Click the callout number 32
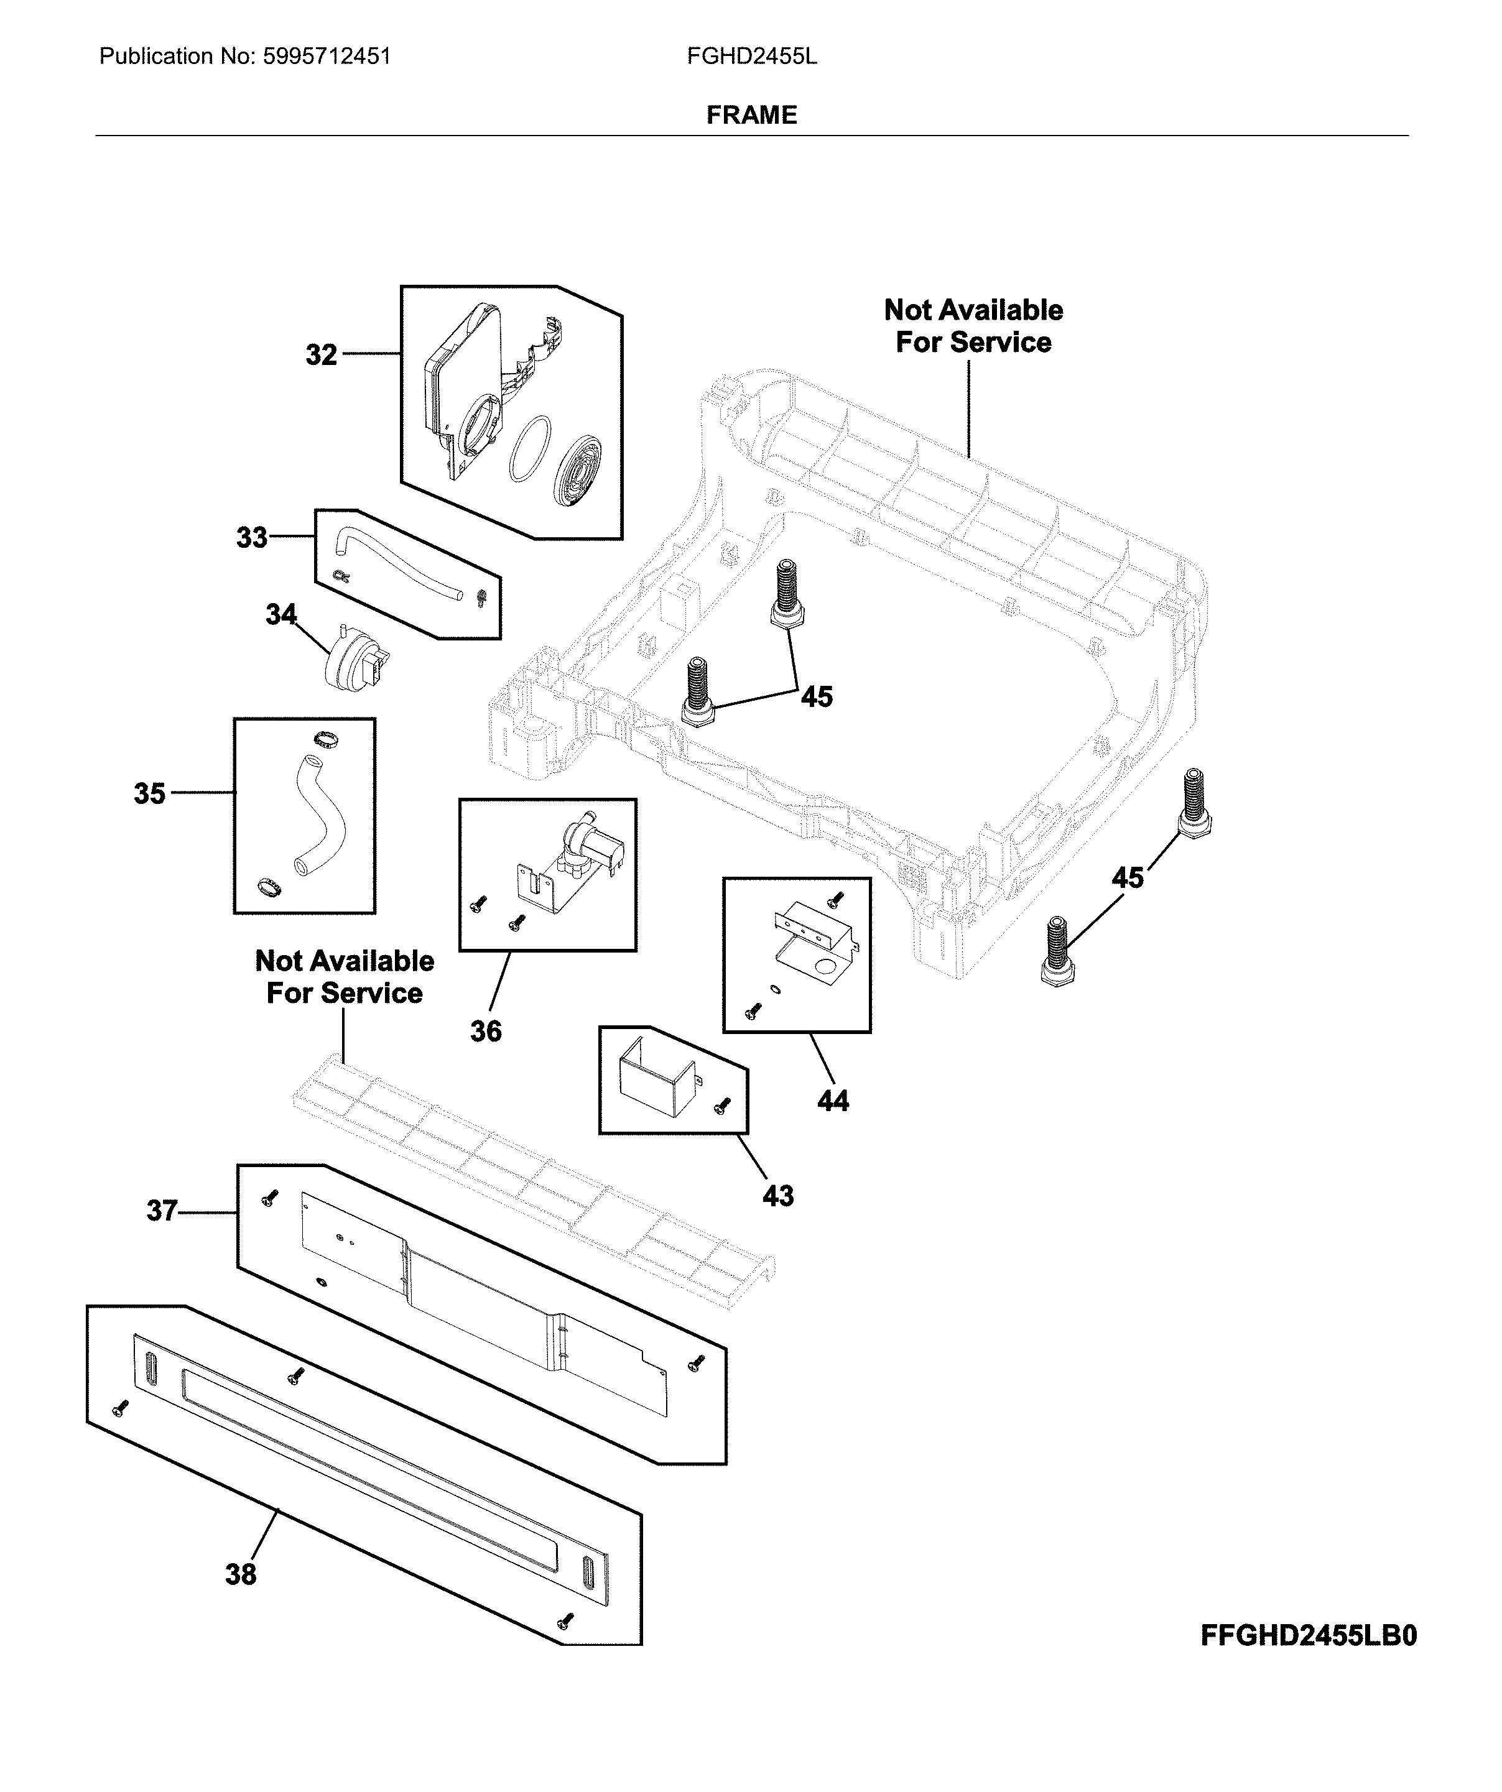point(321,355)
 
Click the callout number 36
point(486,1032)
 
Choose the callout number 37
point(161,1211)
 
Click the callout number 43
point(777,1196)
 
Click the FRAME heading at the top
point(751,115)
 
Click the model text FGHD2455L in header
point(751,57)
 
